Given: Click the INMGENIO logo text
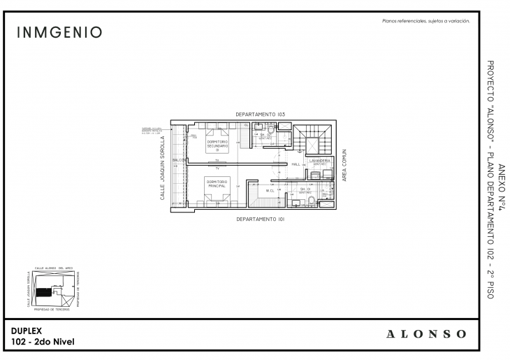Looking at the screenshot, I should (59, 32).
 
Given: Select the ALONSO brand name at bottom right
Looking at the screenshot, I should (426, 334).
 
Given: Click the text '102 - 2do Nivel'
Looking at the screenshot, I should (43, 341).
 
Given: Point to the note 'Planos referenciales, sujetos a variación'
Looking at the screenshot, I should (426, 22).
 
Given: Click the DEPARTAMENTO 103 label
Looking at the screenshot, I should (260, 113).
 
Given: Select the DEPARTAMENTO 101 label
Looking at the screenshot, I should (260, 219).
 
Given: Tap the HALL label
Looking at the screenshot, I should (296, 164).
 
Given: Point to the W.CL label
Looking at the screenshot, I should (270, 190).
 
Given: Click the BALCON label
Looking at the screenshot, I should (177, 160).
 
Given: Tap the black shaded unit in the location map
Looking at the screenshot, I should (45, 290).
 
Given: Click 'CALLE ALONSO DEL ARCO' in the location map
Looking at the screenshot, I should (54, 268).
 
